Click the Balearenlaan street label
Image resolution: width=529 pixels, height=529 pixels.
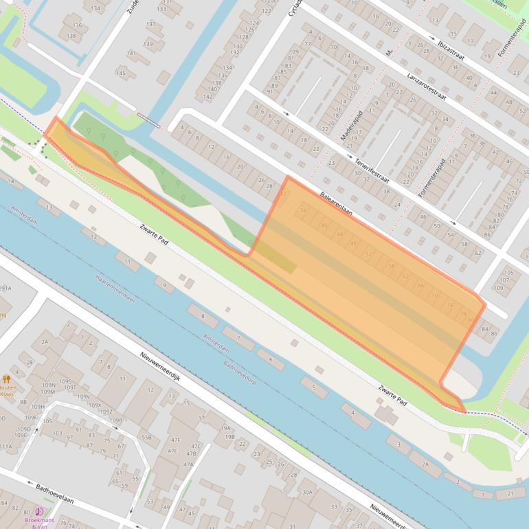pos(336,204)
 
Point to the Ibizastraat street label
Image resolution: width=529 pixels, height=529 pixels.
pos(451,50)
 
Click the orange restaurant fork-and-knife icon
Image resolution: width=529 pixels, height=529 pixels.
pos(7,379)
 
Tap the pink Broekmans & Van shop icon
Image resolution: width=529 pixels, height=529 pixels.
pos(39,512)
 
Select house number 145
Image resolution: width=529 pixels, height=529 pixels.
pos(121,73)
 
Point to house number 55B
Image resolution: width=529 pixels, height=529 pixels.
pos(146,437)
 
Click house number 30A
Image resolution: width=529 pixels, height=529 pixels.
pos(307,492)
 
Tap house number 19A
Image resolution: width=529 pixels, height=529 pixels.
pos(226,427)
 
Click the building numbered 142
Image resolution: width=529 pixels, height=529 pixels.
pos(207,97)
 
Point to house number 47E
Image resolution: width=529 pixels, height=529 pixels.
pos(172,451)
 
